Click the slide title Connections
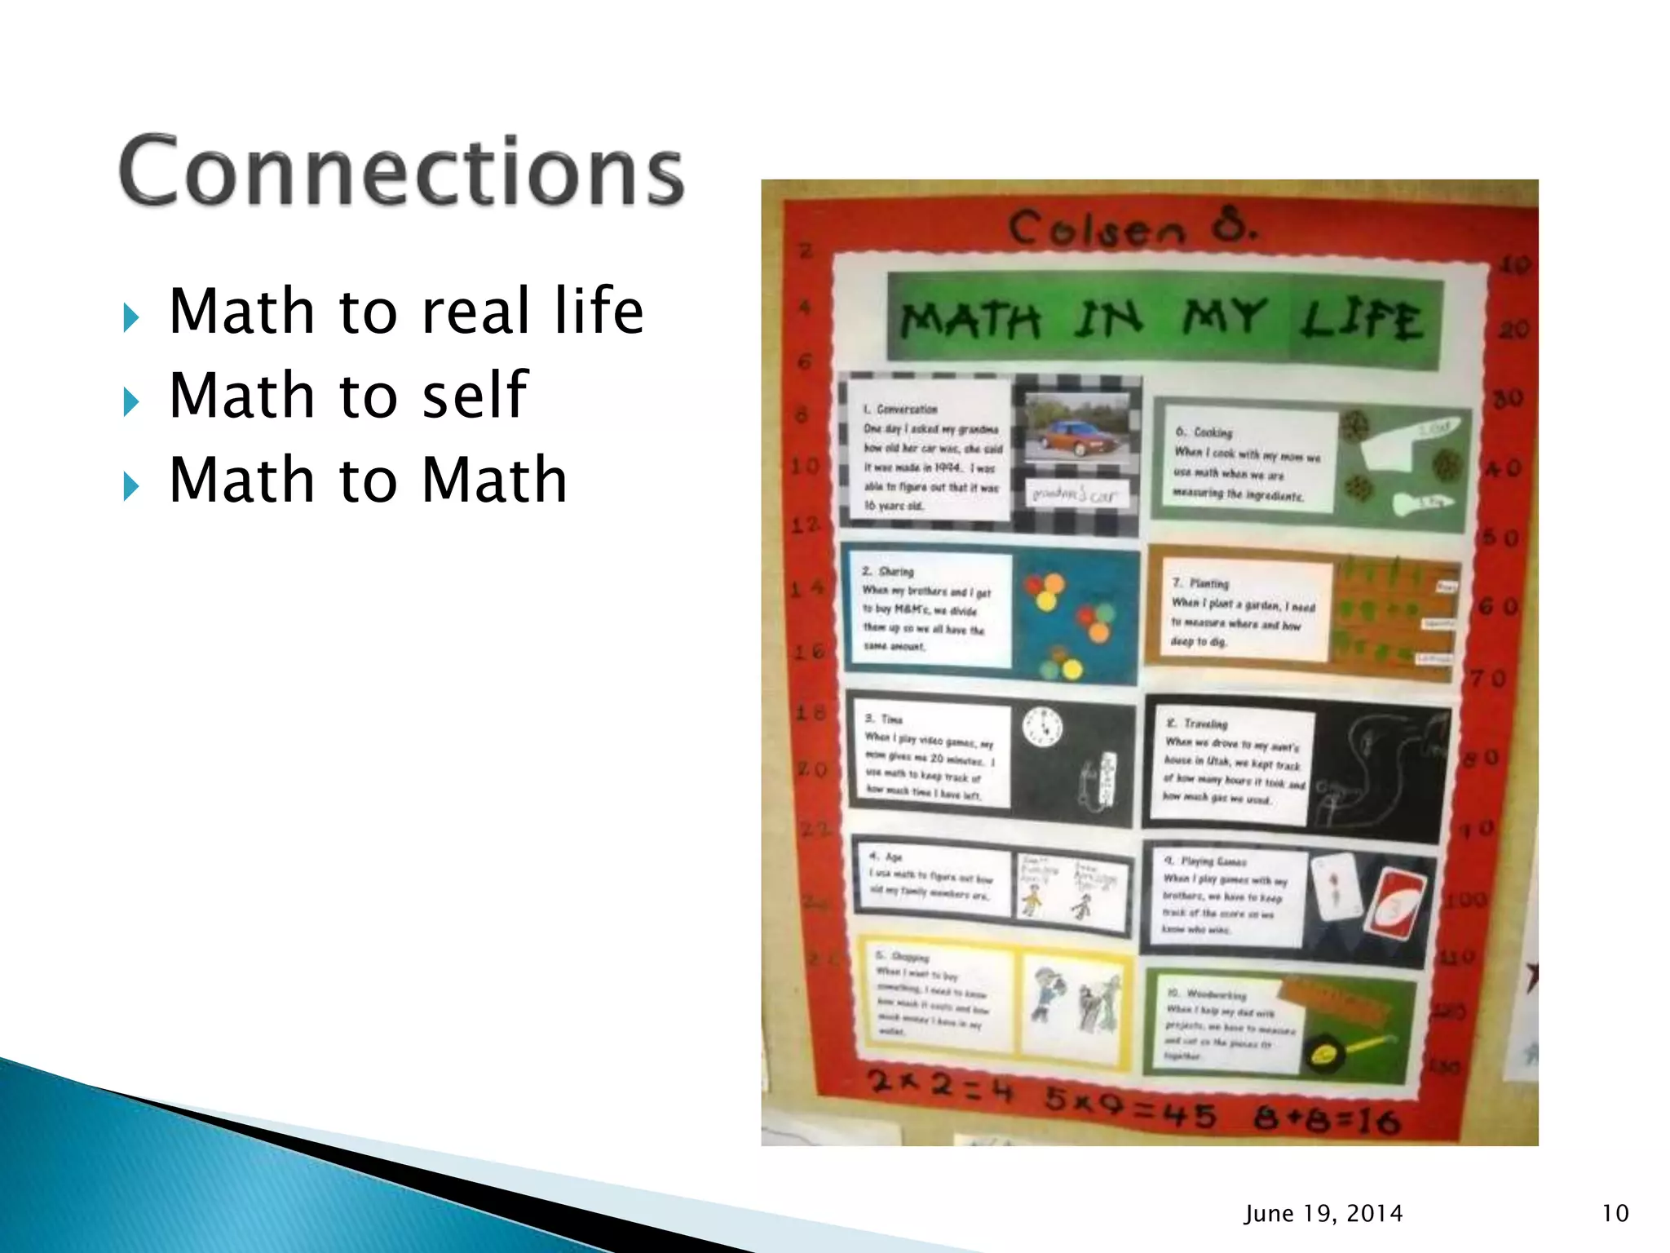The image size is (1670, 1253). click(x=401, y=171)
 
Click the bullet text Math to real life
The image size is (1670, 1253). click(x=406, y=312)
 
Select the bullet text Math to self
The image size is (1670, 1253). click(x=348, y=396)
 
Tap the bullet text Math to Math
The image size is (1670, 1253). click(x=368, y=480)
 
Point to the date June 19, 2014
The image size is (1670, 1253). click(x=1323, y=1214)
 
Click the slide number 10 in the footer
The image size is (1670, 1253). click(x=1615, y=1214)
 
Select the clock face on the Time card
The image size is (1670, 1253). click(x=1042, y=727)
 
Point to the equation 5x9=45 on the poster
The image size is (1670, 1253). click(x=1130, y=1110)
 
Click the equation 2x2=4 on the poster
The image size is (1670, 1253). click(x=939, y=1086)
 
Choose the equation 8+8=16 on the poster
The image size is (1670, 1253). click(x=1328, y=1120)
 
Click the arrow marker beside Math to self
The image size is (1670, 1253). click(x=130, y=401)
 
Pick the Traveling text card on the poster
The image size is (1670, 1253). click(x=1233, y=763)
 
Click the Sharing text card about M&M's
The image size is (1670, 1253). click(x=928, y=609)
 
